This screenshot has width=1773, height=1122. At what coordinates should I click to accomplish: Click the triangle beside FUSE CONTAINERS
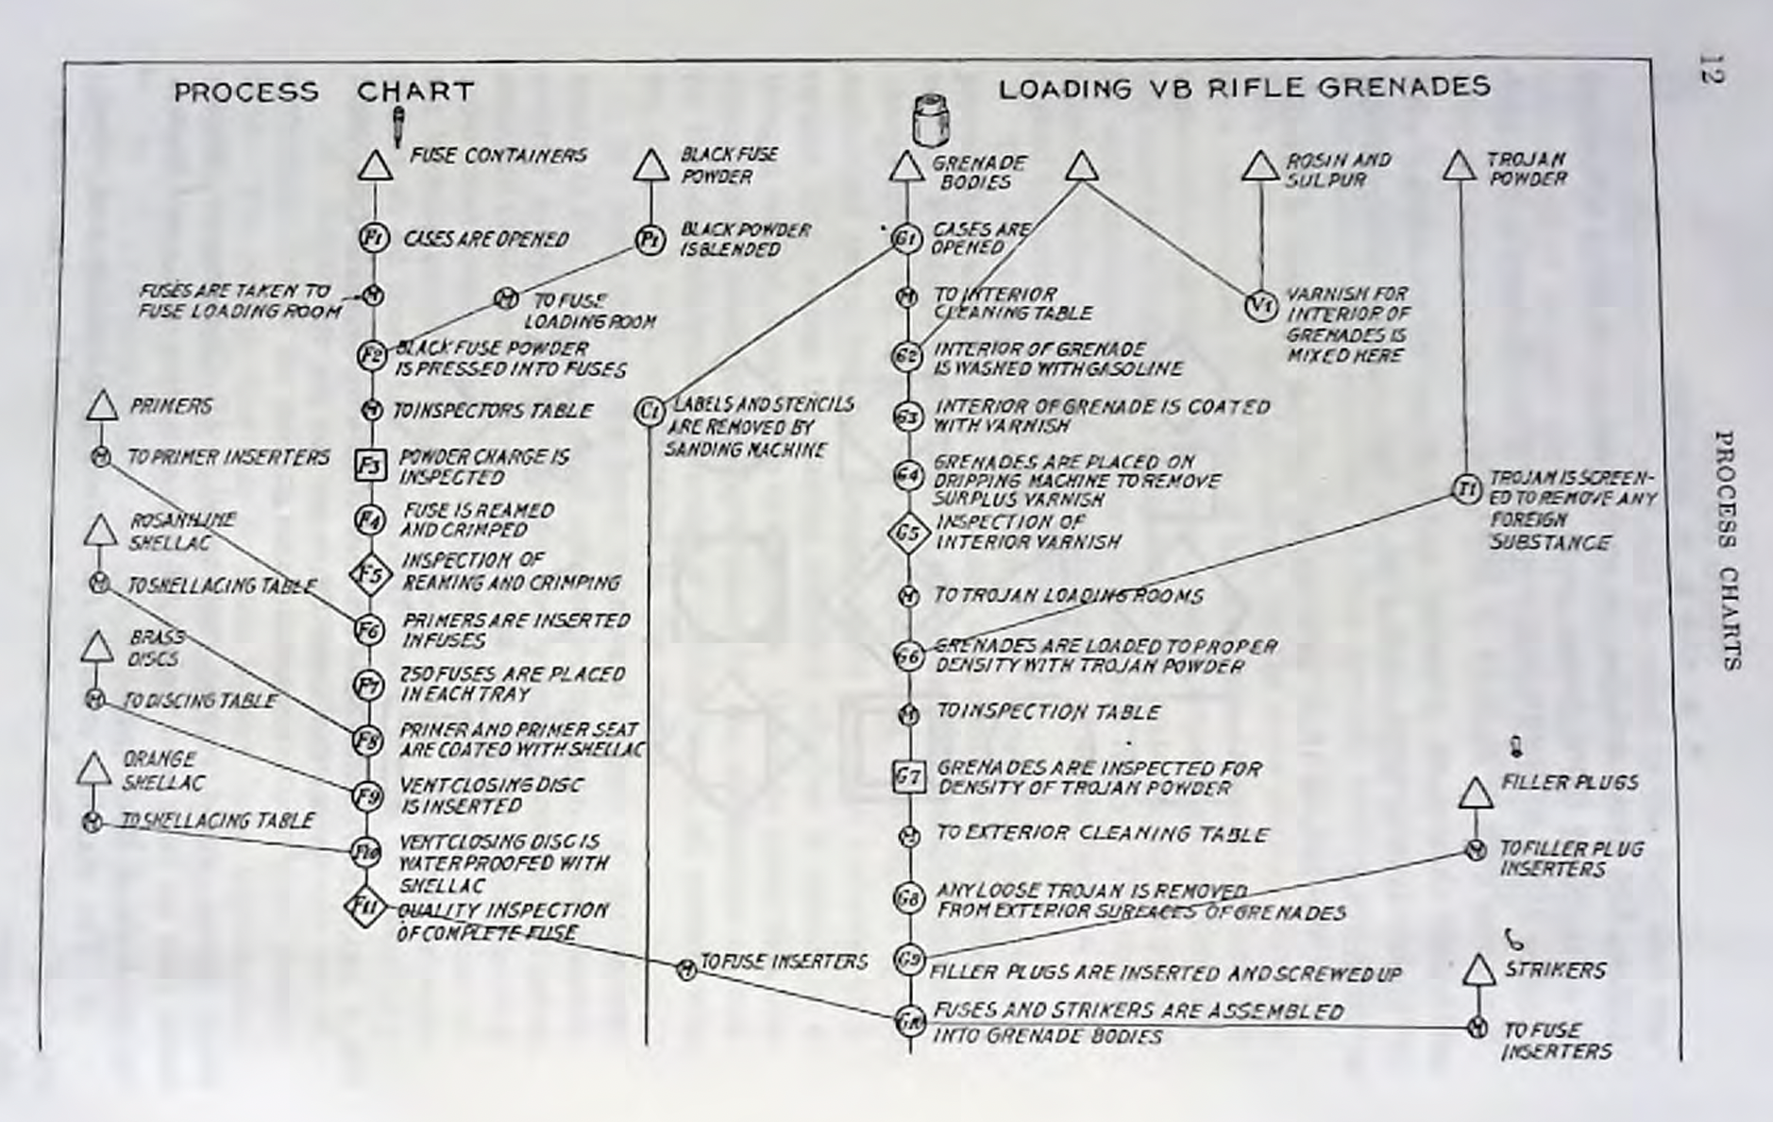point(376,167)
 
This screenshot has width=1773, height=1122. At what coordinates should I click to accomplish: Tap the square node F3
point(370,465)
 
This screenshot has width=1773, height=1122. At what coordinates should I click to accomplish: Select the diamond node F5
point(370,573)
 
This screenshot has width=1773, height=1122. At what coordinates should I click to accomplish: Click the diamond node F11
point(365,907)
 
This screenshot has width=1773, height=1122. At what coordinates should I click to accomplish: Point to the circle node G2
point(907,356)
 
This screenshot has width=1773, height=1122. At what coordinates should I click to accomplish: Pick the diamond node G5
point(907,534)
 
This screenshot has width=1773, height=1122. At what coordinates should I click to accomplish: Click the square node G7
point(908,777)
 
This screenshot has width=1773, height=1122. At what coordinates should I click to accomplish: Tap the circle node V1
point(1260,305)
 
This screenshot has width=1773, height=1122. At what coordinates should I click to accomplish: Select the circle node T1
point(1465,488)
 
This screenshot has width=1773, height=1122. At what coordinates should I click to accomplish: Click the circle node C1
point(649,411)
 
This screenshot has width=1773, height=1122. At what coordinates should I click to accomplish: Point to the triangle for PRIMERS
point(102,407)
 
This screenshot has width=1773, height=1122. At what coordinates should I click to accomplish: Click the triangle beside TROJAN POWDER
point(1460,167)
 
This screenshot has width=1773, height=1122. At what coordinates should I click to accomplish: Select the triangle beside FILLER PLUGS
point(1476,794)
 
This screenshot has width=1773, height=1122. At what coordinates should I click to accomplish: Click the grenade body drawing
point(930,119)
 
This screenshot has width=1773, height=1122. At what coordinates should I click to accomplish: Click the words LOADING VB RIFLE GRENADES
point(1244,88)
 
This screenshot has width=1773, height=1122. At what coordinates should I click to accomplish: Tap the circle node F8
point(367,740)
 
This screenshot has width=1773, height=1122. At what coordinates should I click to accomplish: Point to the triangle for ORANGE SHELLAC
point(93,771)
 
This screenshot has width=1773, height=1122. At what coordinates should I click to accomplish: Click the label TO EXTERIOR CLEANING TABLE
point(1102,834)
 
